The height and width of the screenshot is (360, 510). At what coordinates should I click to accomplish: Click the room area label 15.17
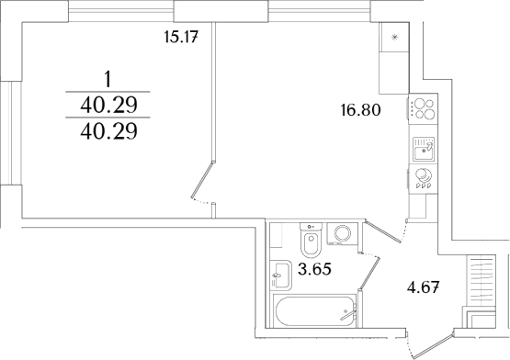pyautogui.click(x=181, y=37)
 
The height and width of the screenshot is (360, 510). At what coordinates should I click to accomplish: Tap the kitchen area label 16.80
pyautogui.click(x=360, y=110)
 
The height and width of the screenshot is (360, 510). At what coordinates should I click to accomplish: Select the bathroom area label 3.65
pyautogui.click(x=314, y=269)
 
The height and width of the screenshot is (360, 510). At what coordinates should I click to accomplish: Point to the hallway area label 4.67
pyautogui.click(x=424, y=287)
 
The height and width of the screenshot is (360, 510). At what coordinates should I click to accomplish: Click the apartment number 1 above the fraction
pyautogui.click(x=108, y=80)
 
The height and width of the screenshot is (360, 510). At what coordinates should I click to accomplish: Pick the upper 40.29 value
pyautogui.click(x=108, y=105)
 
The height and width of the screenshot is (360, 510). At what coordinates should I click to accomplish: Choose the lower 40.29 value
pyautogui.click(x=108, y=131)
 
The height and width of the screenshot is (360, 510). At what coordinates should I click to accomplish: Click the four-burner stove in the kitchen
pyautogui.click(x=423, y=108)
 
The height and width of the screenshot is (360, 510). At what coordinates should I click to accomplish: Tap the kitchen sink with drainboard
pyautogui.click(x=424, y=149)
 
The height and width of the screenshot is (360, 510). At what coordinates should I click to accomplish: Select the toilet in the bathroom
pyautogui.click(x=312, y=240)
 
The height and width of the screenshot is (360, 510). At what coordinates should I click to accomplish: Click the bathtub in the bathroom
pyautogui.click(x=314, y=310)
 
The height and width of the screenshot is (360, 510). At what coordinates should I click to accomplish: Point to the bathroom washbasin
pyautogui.click(x=280, y=275)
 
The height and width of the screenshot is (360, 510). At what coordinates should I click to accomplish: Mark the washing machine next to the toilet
pyautogui.click(x=342, y=233)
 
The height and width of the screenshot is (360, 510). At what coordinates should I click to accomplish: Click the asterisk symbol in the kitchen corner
pyautogui.click(x=394, y=37)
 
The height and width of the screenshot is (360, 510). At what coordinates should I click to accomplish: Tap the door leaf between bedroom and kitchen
pyautogui.click(x=202, y=180)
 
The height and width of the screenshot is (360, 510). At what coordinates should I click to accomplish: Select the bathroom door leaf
pyautogui.click(x=369, y=273)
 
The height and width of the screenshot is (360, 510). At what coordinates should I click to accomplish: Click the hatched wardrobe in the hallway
pyautogui.click(x=481, y=280)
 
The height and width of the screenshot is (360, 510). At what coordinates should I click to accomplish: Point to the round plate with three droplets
pyautogui.click(x=423, y=178)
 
